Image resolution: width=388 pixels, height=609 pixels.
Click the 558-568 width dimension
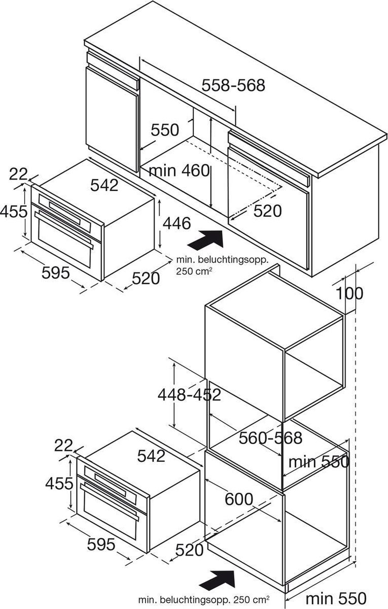233,85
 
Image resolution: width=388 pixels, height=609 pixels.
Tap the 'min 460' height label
180,171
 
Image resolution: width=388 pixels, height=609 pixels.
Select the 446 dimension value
177,223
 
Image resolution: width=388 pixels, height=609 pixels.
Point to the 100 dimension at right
349,293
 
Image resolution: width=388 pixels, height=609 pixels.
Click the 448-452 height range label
189,394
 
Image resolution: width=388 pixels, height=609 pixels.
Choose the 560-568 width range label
270,437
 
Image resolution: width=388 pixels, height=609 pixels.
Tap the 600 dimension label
239,499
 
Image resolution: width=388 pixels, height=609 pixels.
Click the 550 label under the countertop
165,130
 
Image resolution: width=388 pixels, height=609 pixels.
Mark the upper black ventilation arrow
206,239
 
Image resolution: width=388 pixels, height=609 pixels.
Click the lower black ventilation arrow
217,578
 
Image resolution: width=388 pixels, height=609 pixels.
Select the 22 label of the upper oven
18,174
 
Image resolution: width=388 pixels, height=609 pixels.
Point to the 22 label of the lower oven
63,446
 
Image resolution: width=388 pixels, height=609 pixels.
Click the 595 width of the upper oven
56,273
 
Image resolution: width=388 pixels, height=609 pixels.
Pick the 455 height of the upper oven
14,211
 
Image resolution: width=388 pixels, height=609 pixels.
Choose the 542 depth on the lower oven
151,456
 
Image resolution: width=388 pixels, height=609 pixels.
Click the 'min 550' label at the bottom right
336,598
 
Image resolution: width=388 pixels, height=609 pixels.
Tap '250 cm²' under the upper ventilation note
194,271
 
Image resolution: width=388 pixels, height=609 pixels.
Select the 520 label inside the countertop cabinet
267,211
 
